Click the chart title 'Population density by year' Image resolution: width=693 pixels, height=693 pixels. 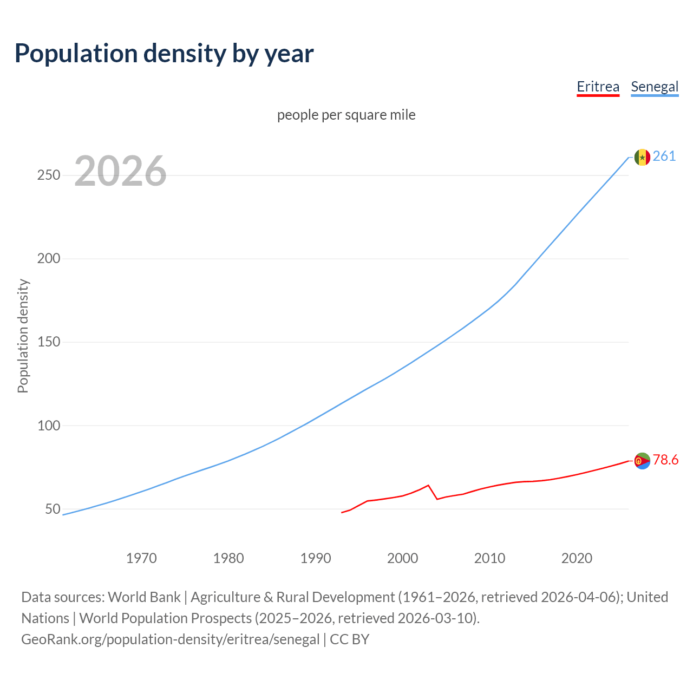coord(164,54)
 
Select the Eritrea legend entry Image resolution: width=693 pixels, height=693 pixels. coord(598,87)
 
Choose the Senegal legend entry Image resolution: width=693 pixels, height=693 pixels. coord(655,87)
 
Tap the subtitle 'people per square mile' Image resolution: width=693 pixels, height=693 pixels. coord(346,115)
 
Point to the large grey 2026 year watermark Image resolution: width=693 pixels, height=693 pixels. coord(120,171)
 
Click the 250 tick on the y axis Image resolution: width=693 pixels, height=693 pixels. coord(48,175)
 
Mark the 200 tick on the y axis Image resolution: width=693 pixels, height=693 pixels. coord(48,259)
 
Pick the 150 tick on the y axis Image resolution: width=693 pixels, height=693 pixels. coord(48,342)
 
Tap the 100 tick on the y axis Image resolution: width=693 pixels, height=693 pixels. coord(48,426)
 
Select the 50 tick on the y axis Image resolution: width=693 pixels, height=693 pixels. coord(53,509)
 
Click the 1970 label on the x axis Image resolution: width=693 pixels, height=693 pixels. coord(141,558)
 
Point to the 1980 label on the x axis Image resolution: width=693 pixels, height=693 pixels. coord(228,558)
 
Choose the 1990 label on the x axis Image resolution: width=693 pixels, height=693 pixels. coord(316,558)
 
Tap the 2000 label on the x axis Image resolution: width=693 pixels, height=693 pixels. coord(402,558)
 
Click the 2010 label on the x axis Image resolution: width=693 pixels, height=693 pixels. coord(489,558)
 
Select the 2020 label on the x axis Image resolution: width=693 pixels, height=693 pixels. coord(577,558)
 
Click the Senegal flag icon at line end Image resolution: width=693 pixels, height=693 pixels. coord(642,157)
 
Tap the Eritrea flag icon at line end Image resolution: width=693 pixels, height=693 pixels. coord(642,461)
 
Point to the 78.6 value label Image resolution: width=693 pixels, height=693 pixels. coord(665,460)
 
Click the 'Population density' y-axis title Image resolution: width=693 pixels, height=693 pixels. coord(23,336)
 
